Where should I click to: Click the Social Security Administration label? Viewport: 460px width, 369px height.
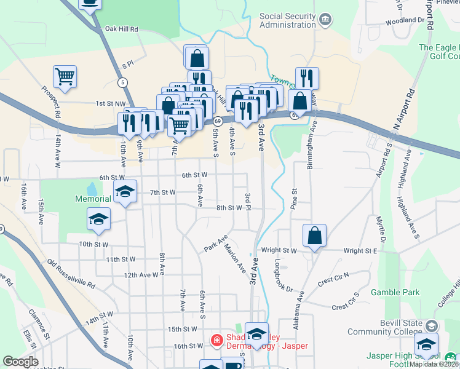pos(287,20)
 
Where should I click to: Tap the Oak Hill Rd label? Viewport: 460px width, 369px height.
pos(122,29)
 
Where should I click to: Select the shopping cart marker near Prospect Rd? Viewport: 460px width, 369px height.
pos(65,77)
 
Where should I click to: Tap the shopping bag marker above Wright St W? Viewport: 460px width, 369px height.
pos(314,236)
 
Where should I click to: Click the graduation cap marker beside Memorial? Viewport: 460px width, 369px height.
pos(125,191)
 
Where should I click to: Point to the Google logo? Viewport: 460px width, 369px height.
pos(20,362)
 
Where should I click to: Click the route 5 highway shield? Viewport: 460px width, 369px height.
pos(124,82)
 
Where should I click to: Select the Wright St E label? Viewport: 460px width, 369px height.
pos(360,251)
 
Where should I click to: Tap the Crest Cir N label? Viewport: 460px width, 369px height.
pos(333,279)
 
